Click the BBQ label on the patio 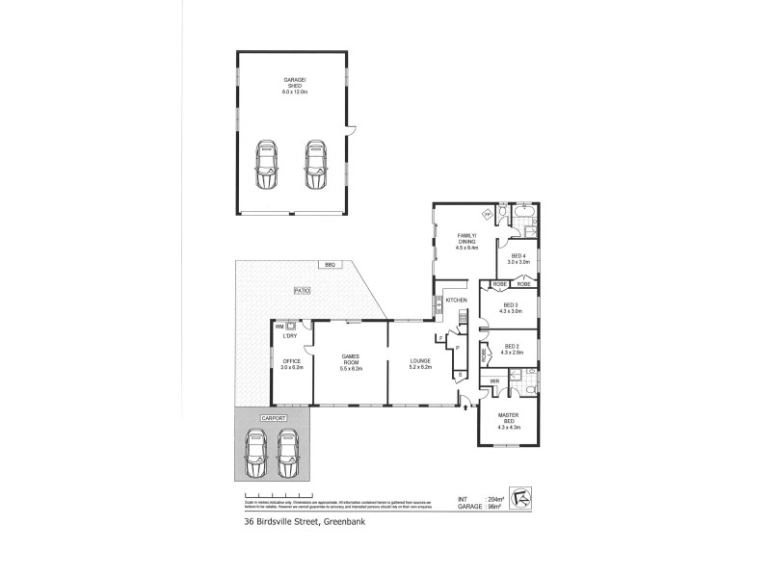(330, 265)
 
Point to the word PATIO (301, 289)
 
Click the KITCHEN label (456, 301)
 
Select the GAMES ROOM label (350, 364)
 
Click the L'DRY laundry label (289, 334)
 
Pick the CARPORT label (272, 417)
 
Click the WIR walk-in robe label (493, 381)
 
